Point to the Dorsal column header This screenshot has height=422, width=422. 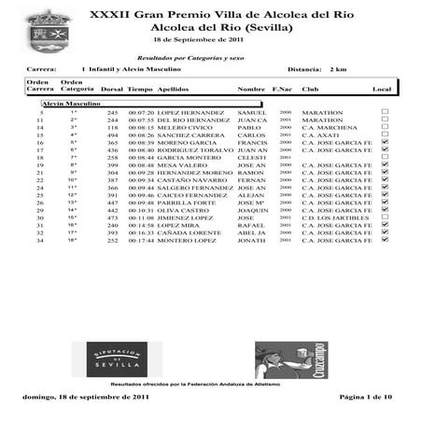[112, 89]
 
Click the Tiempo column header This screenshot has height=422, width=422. [140, 89]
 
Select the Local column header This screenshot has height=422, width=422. [382, 89]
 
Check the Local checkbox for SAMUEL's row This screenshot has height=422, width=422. [385, 112]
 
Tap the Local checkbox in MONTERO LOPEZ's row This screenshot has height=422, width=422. [385, 240]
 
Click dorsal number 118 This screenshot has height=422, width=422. [113, 128]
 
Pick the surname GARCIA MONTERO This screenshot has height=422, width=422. [189, 160]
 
